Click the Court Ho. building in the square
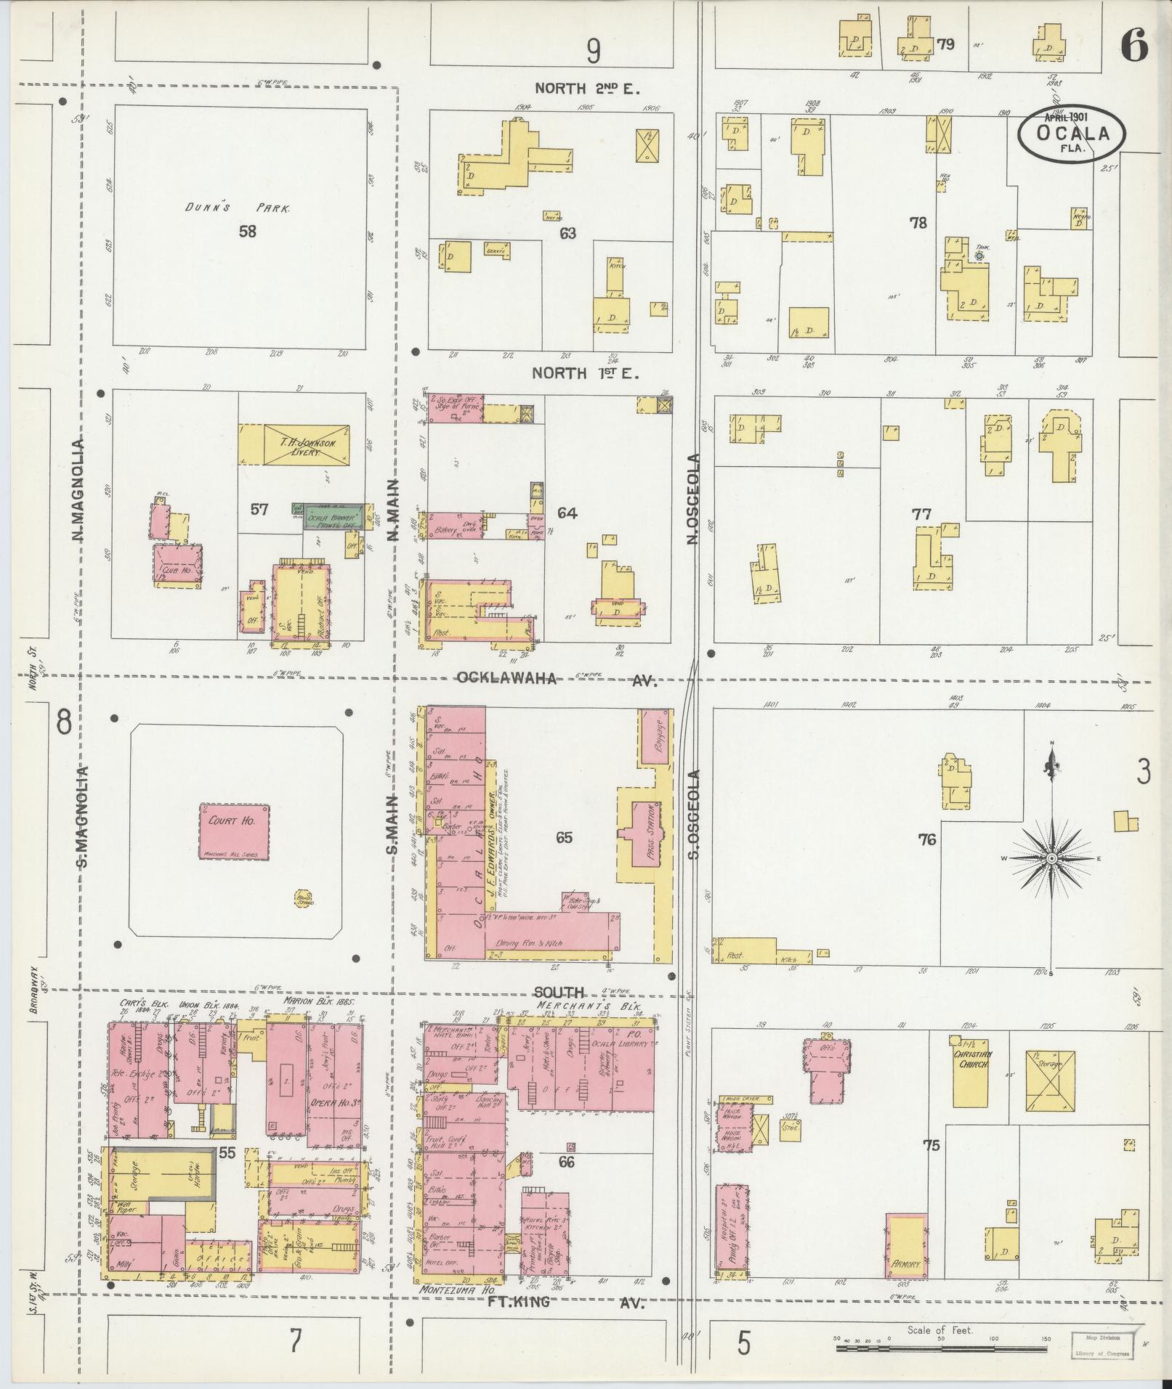[234, 831]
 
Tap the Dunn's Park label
[237, 208]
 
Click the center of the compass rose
[1051, 859]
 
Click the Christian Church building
[970, 1070]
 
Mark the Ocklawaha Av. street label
[556, 680]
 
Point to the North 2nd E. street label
[586, 89]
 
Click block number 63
[567, 233]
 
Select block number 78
[918, 223]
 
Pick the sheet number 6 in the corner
[1134, 47]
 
